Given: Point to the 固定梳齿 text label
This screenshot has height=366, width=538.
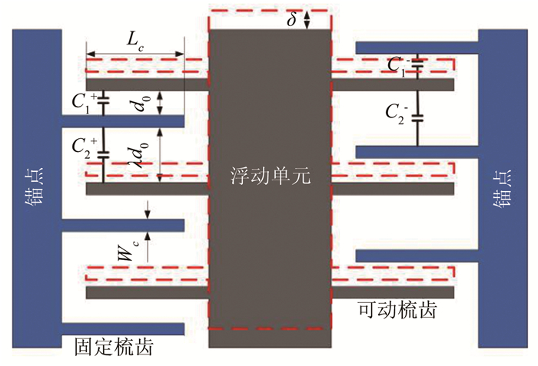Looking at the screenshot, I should [x=112, y=347].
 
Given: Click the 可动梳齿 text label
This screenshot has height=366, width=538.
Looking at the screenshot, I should [x=397, y=310].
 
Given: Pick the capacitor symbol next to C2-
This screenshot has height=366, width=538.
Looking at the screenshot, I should [x=417, y=118].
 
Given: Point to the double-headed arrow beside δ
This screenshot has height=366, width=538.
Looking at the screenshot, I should [x=307, y=19].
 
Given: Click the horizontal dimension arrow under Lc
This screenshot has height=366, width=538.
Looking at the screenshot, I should [x=135, y=55].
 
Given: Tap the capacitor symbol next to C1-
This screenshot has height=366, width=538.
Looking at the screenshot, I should [x=417, y=67].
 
